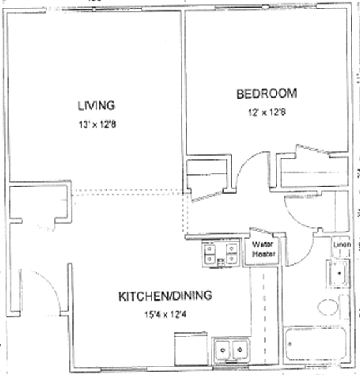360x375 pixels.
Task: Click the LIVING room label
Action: pyautogui.click(x=96, y=106)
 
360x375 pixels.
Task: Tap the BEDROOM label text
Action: pyautogui.click(x=267, y=94)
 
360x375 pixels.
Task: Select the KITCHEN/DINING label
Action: pyautogui.click(x=165, y=296)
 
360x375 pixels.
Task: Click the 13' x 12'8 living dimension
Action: pyautogui.click(x=97, y=124)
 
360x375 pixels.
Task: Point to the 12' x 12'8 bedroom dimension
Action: pyautogui.click(x=267, y=112)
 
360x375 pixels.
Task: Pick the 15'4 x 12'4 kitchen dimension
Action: pyautogui.click(x=165, y=314)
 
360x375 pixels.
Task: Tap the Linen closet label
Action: pyautogui.click(x=342, y=244)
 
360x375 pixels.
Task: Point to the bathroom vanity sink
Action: pyautogui.click(x=339, y=273)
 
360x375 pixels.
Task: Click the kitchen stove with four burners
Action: pyautogui.click(x=221, y=253)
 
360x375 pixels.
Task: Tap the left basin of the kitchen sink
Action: pyautogui.click(x=222, y=350)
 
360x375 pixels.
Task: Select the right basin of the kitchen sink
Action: pyautogui.click(x=240, y=350)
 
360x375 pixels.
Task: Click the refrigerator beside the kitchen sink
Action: pyautogui.click(x=191, y=349)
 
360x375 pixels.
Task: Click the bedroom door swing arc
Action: pyautogui.click(x=246, y=162)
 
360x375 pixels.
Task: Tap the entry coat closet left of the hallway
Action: pyautogui.click(x=39, y=202)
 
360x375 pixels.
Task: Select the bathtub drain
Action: pyautogui.click(x=290, y=344)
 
